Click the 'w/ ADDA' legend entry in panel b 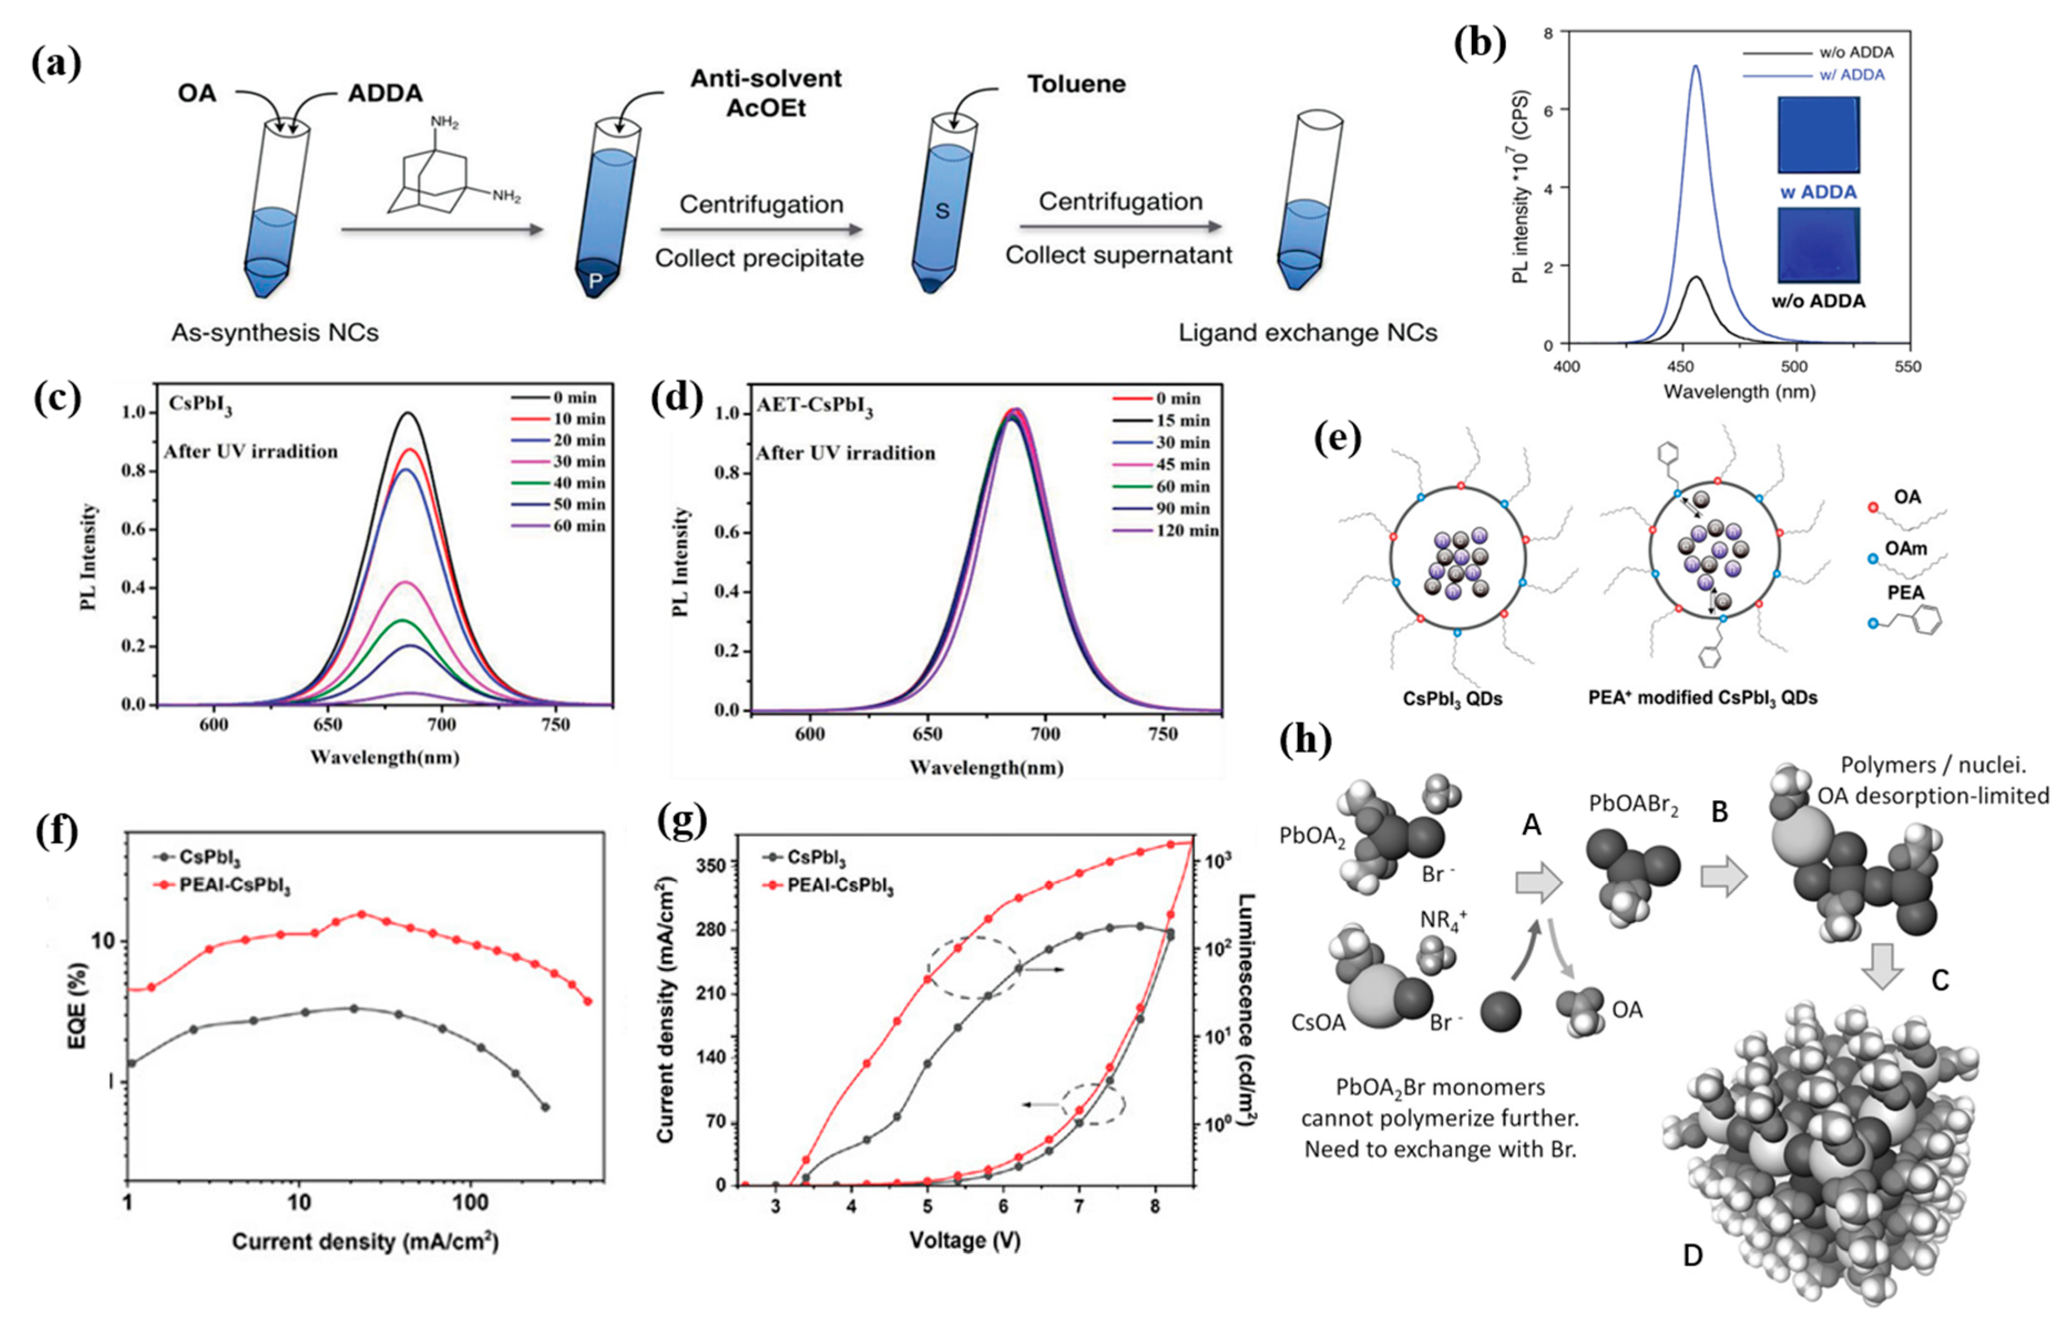[x=1851, y=75]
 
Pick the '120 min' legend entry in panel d [x=1186, y=530]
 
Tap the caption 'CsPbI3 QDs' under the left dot [x=1452, y=699]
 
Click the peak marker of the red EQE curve [x=361, y=914]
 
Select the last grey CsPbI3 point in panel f [x=544, y=1107]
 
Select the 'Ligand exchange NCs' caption [x=1307, y=332]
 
